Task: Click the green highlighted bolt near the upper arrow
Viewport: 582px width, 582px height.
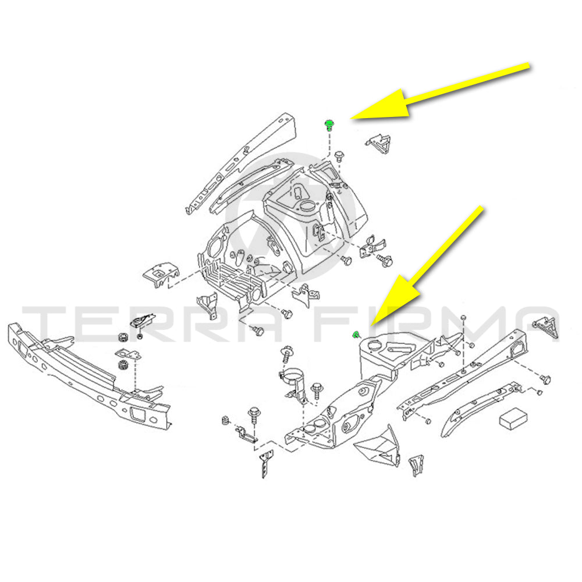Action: (329, 125)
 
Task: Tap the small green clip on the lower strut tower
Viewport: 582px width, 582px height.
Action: (355, 334)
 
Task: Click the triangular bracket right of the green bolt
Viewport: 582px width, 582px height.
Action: (379, 143)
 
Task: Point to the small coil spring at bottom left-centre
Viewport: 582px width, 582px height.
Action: (225, 421)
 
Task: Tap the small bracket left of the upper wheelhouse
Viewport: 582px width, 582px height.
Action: (161, 274)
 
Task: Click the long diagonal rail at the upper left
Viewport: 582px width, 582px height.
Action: (242, 164)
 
